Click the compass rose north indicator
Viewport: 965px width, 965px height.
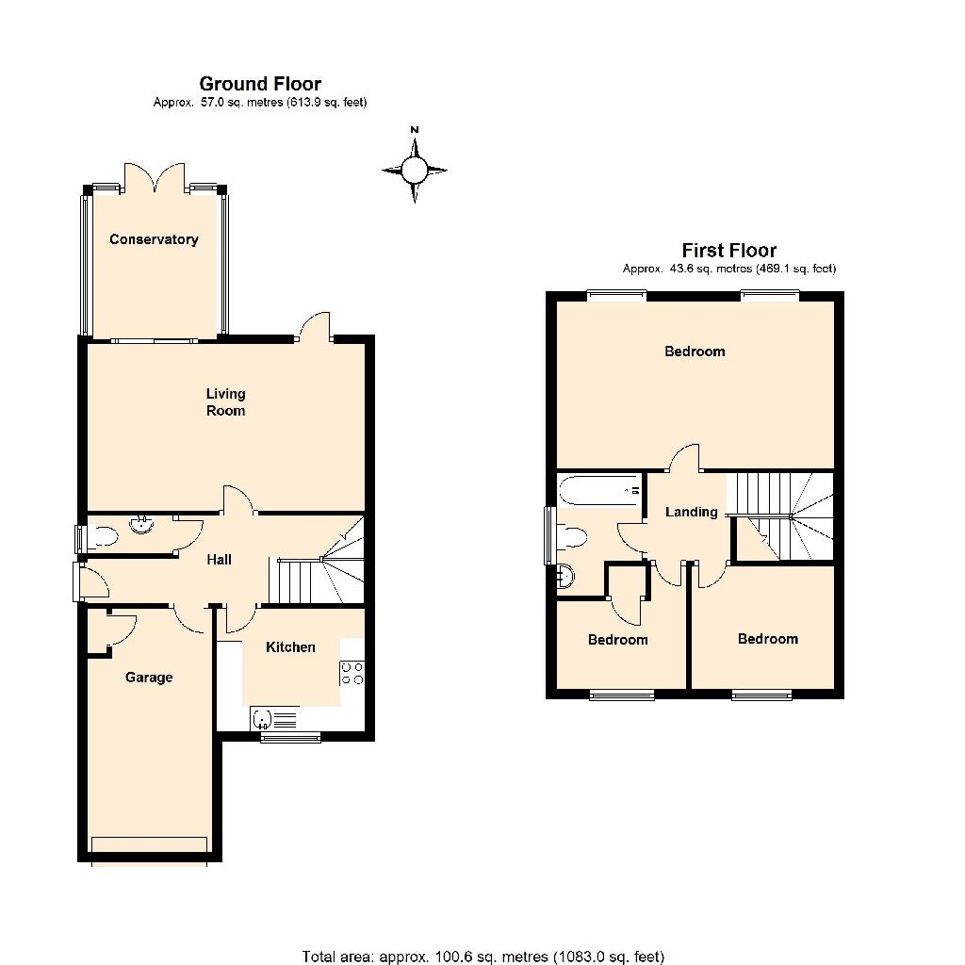click(x=415, y=168)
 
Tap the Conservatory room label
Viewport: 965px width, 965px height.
click(x=154, y=239)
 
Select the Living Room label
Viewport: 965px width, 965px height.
click(x=225, y=401)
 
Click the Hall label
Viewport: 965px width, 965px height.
click(x=219, y=560)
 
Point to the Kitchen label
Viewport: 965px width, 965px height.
click(x=290, y=646)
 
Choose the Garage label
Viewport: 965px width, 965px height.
click(x=149, y=678)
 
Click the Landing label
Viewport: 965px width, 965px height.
click(x=692, y=512)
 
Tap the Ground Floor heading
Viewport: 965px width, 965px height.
click(x=260, y=84)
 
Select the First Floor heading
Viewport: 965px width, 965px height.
click(x=729, y=251)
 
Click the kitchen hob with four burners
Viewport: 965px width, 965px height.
click(x=352, y=673)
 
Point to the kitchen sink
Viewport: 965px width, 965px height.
click(x=274, y=719)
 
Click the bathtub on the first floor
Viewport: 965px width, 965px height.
click(x=600, y=490)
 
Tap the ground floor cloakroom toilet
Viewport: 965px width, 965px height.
click(x=102, y=537)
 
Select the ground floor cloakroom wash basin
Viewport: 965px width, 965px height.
click(x=142, y=525)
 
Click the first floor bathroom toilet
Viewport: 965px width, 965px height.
click(x=571, y=536)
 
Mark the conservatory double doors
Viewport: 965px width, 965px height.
click(x=155, y=178)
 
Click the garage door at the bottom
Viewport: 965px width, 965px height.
click(x=149, y=844)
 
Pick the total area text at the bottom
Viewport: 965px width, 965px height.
click(x=483, y=957)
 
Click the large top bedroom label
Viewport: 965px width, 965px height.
click(x=695, y=352)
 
